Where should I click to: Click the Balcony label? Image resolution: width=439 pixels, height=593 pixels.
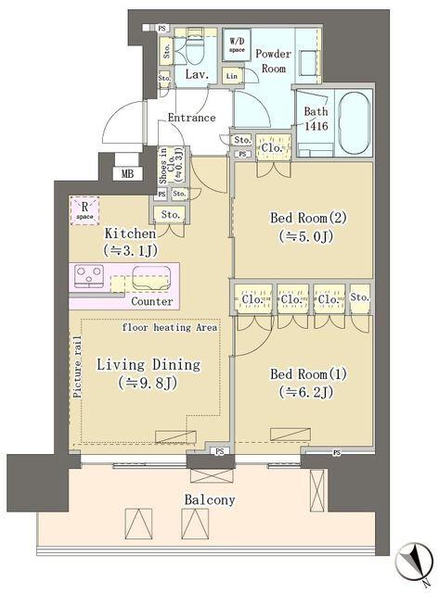[209, 499]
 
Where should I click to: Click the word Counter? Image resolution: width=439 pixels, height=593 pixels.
[151, 302]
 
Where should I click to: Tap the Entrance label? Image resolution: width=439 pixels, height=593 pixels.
[191, 118]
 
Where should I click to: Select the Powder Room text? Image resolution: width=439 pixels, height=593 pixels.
[273, 60]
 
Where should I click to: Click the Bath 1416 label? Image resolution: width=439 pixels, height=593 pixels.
[316, 119]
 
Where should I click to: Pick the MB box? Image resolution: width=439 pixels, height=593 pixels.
[126, 172]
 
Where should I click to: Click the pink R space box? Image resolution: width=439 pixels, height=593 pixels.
[84, 211]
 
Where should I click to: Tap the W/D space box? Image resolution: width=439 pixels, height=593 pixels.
[238, 44]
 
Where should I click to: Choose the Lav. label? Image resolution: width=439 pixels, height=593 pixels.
[195, 74]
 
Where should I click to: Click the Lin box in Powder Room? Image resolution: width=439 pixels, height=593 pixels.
[232, 74]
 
